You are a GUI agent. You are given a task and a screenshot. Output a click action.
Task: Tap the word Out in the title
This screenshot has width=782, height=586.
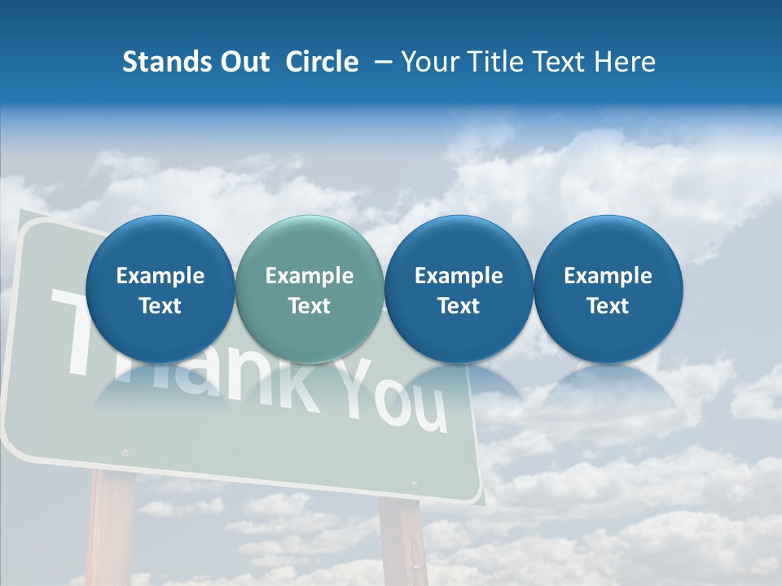[242, 62]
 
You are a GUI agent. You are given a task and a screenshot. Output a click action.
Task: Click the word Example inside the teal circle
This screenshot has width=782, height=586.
[310, 276]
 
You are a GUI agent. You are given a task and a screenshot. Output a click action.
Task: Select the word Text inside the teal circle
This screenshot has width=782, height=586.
[310, 306]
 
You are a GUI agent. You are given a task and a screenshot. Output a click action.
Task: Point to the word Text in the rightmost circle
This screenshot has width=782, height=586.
[608, 306]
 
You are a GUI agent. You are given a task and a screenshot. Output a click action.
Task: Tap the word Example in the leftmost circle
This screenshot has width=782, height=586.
[160, 276]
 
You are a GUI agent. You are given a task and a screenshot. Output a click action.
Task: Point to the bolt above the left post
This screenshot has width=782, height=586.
[125, 452]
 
